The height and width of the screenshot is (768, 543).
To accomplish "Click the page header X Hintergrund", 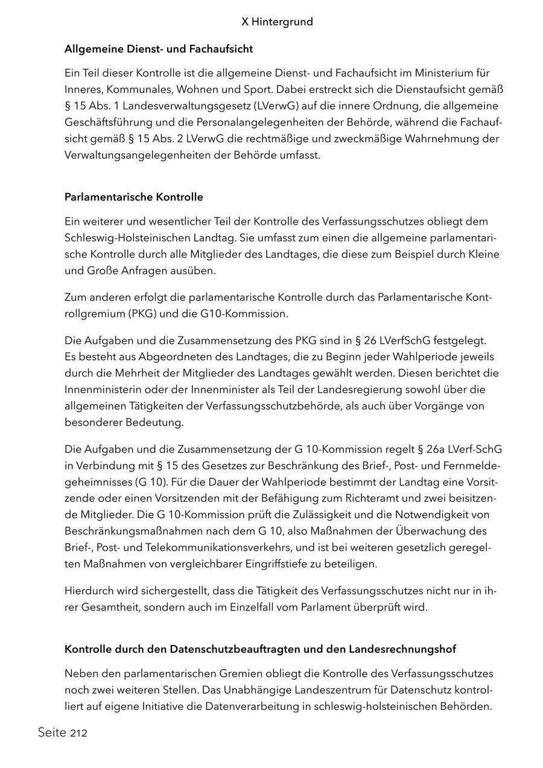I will (277, 22).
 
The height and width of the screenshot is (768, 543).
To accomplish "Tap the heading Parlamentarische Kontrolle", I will (133, 197).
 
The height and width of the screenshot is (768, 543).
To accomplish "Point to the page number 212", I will (78, 734).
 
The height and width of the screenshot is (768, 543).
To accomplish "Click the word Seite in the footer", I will (52, 733).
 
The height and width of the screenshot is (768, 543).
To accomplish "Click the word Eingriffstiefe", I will (319, 564).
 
